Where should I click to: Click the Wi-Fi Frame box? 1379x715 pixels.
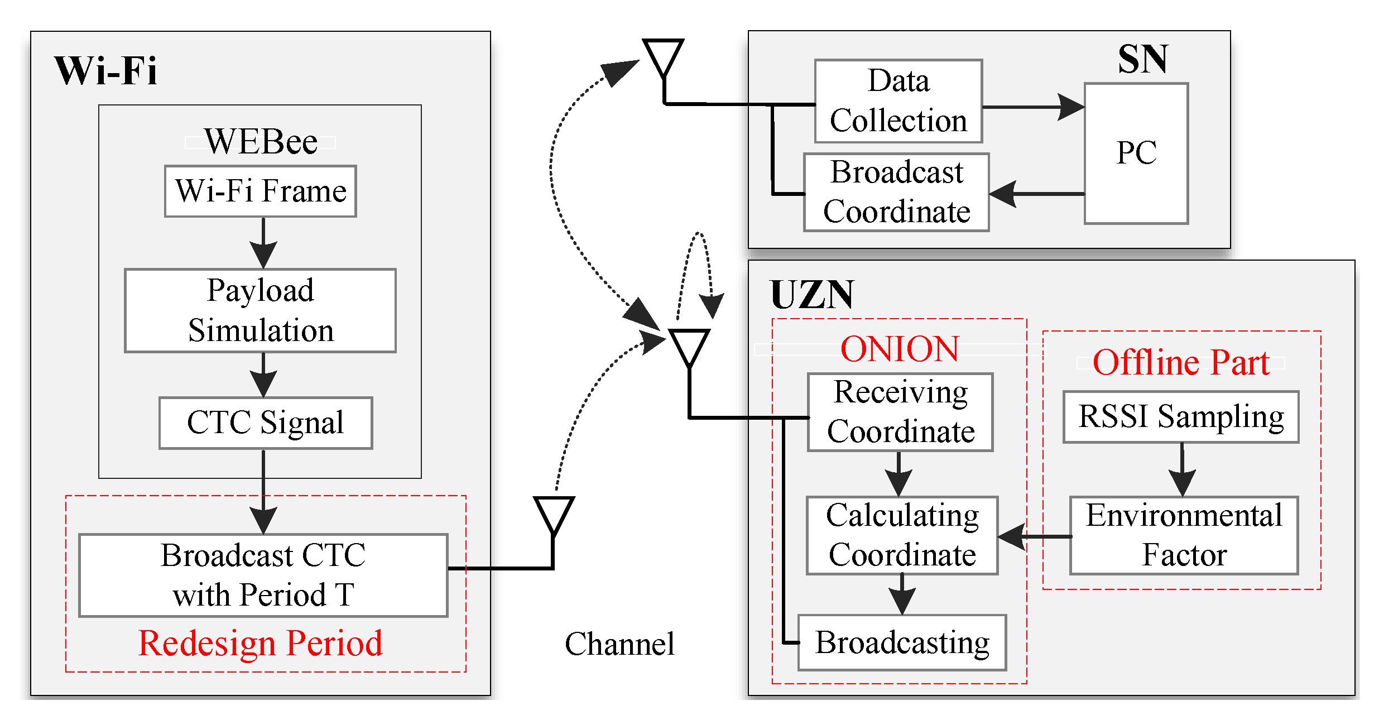260,191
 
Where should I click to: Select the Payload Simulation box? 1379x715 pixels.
260,310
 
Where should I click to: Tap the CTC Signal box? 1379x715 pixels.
266,423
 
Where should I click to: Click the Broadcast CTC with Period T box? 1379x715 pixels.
263,575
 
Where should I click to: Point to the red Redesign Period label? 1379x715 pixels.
261,643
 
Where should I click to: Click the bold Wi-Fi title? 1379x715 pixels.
105,71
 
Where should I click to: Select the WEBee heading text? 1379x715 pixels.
261,141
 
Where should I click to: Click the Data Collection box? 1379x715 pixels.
898,101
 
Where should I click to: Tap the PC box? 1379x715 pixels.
1136,153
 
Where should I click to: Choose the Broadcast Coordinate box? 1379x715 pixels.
896,192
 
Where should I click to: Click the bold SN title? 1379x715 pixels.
1142,59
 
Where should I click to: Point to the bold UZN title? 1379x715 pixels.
811,294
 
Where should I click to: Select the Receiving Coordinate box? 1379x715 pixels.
900,412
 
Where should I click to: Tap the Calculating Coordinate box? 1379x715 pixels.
902,535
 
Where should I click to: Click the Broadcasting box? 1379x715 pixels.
902,642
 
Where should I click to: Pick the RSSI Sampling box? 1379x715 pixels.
1181,417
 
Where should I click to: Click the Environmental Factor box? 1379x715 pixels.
1184,535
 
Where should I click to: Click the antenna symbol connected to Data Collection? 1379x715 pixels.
663,59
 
